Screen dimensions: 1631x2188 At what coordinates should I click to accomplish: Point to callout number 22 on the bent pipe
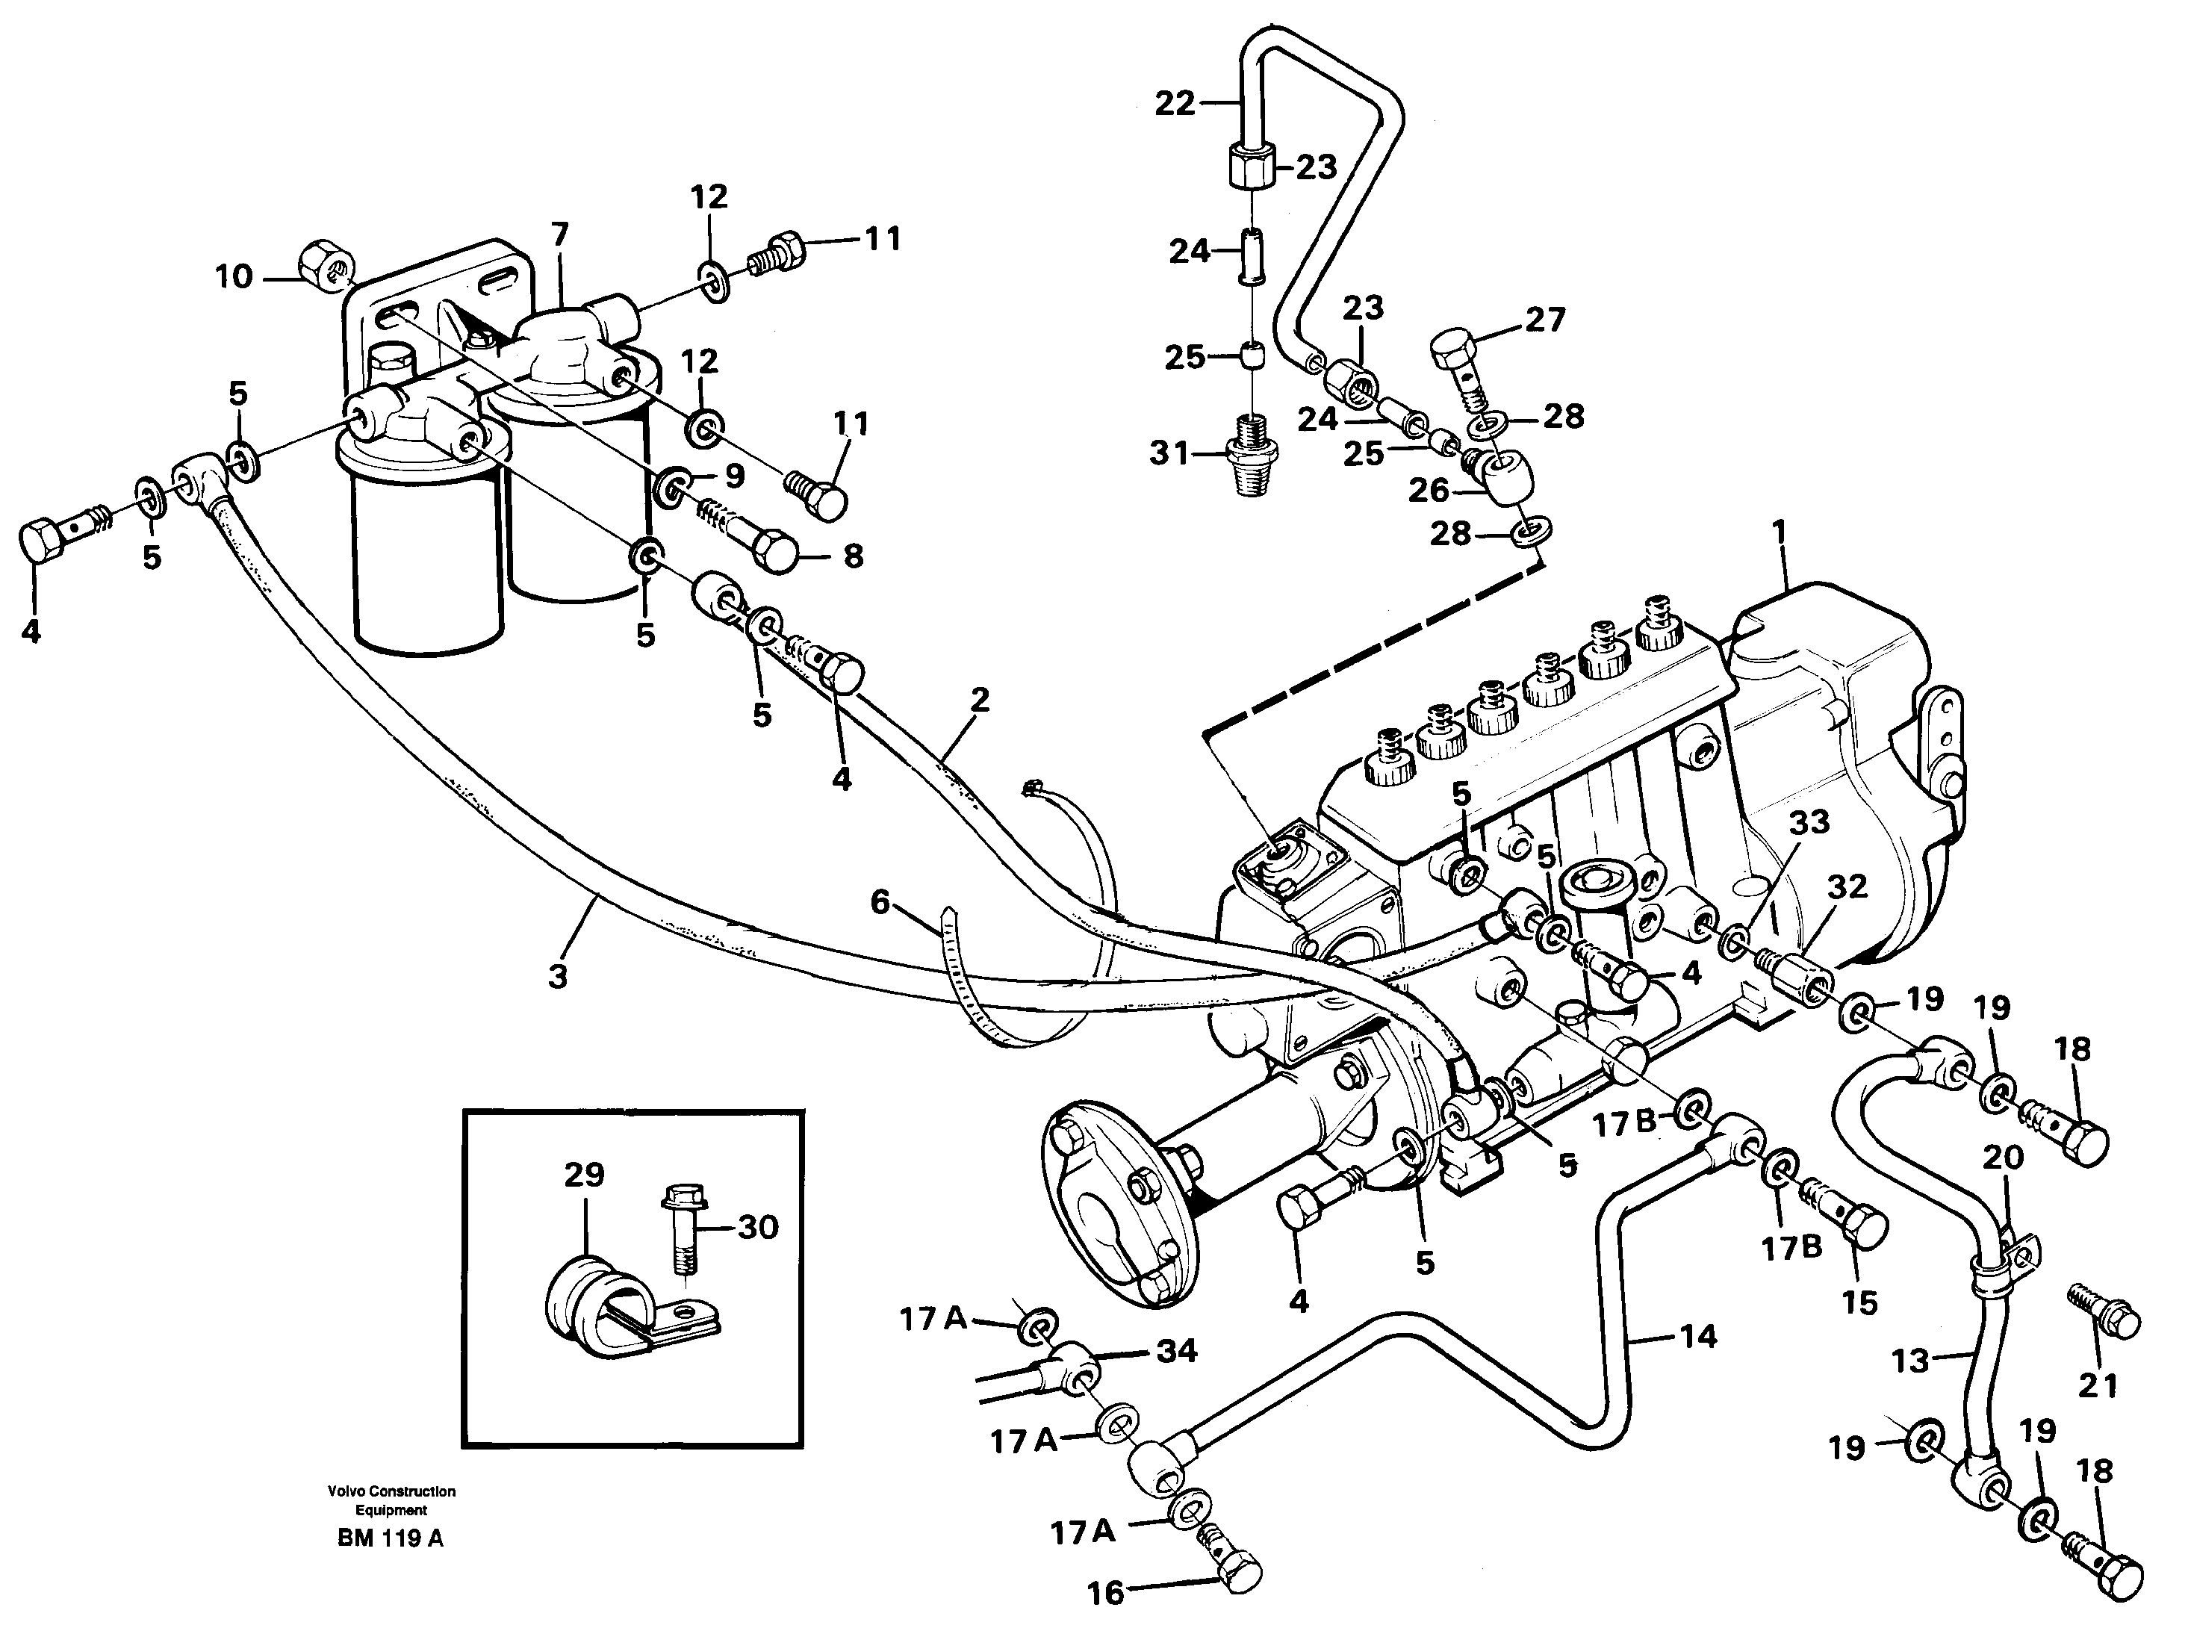(x=1175, y=104)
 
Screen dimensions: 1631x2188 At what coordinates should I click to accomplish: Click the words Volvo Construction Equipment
(x=391, y=1500)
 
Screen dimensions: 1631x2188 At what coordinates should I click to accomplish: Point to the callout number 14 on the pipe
(x=1698, y=1337)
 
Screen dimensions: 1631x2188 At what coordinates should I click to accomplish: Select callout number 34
(x=1177, y=1351)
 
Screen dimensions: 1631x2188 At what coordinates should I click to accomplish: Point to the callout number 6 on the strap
(x=880, y=901)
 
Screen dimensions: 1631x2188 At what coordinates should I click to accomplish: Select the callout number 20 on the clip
(x=2004, y=1156)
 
